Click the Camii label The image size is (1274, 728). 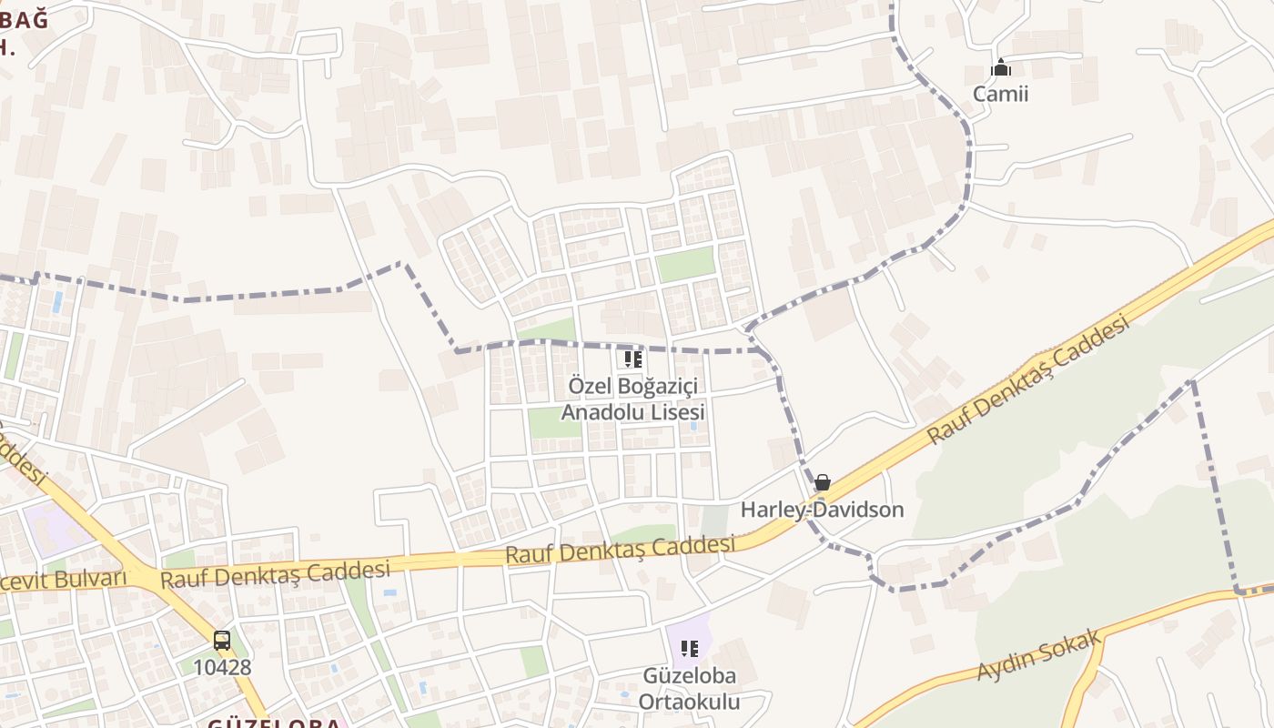pyautogui.click(x=1000, y=94)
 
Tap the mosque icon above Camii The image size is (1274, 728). pyautogui.click(x=1001, y=68)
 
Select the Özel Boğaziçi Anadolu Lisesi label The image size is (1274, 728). pyautogui.click(x=632, y=399)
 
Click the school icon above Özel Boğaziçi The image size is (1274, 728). pyautogui.click(x=633, y=359)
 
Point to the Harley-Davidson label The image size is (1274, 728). pyautogui.click(x=822, y=510)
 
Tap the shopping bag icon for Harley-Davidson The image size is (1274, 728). pyautogui.click(x=823, y=482)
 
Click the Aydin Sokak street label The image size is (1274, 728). pyautogui.click(x=1039, y=655)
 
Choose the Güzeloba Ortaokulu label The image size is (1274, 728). pyautogui.click(x=689, y=689)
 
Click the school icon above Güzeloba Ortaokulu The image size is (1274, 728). pyautogui.click(x=690, y=649)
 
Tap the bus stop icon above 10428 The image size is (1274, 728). pyautogui.click(x=222, y=640)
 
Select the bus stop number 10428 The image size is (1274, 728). pyautogui.click(x=222, y=667)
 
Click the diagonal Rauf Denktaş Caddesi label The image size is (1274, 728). pyautogui.click(x=1028, y=379)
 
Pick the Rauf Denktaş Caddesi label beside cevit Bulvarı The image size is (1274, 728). pyautogui.click(x=275, y=575)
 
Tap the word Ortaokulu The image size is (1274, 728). pyautogui.click(x=689, y=702)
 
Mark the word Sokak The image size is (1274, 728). pyautogui.click(x=1074, y=642)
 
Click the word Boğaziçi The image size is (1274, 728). pyautogui.click(x=658, y=386)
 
